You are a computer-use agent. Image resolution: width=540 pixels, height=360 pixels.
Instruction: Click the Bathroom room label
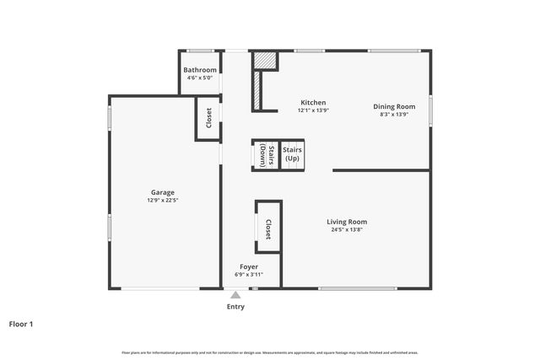(200, 70)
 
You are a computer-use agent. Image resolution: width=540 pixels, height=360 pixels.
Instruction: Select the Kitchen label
(311, 103)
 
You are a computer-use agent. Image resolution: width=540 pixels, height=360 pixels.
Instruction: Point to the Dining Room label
(395, 106)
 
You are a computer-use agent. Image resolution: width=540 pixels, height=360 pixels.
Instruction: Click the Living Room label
(347, 222)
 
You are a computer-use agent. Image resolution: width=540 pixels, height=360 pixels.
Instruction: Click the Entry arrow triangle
(235, 294)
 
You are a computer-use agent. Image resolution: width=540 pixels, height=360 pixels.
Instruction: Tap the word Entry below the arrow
(235, 307)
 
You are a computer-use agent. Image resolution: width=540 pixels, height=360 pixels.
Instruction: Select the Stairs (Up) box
(292, 154)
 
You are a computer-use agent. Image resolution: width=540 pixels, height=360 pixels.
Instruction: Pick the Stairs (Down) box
(265, 154)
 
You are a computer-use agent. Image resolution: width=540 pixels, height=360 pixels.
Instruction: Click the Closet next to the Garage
(208, 119)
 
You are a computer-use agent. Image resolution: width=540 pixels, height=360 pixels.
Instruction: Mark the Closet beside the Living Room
(268, 227)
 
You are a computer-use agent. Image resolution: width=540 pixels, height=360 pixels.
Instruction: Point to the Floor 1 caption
(21, 323)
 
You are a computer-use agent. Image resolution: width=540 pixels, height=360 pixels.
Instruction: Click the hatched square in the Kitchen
(265, 62)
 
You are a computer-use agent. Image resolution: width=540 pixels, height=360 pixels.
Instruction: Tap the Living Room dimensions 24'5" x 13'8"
(347, 229)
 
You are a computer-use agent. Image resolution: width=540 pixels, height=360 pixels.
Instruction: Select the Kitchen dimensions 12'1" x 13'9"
(311, 110)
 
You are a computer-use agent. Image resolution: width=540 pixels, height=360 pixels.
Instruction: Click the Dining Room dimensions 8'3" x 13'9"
(395, 114)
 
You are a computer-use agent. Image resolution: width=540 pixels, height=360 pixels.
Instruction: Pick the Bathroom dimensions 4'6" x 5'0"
(200, 78)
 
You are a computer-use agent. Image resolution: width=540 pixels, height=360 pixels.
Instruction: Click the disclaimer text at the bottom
(269, 352)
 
